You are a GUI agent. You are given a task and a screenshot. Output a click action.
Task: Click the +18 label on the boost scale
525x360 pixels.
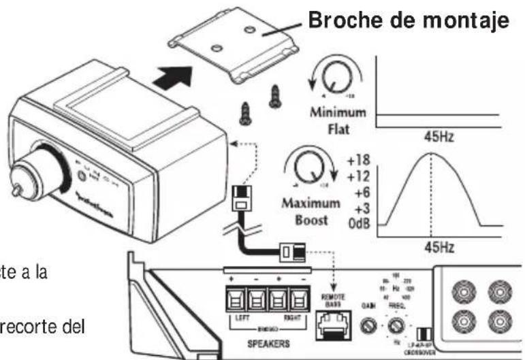360,160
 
